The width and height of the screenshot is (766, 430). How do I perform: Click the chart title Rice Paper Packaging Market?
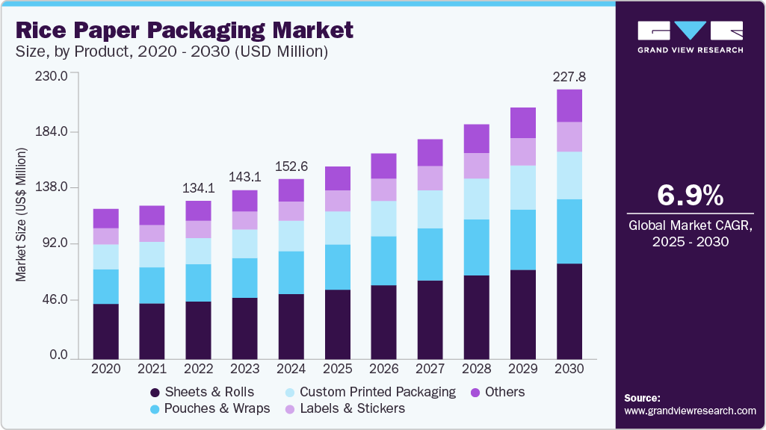tap(184, 31)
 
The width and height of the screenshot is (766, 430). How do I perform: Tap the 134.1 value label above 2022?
tap(198, 187)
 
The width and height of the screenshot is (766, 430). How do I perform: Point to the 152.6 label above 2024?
tap(291, 166)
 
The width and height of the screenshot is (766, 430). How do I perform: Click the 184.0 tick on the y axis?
tap(53, 132)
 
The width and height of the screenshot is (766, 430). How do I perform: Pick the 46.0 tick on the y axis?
tap(56, 300)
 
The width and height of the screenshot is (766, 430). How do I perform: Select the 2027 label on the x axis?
tap(430, 369)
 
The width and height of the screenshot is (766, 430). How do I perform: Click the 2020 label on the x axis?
tap(105, 369)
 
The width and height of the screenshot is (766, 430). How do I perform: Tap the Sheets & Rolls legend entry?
tap(202, 392)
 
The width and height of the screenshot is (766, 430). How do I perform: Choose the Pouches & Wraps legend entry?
tap(209, 408)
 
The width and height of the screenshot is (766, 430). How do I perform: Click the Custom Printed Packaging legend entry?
tap(369, 392)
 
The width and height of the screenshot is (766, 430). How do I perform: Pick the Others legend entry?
tap(496, 392)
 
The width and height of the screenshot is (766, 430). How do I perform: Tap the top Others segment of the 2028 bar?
tap(477, 139)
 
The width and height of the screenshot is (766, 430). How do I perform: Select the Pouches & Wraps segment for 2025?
tap(337, 267)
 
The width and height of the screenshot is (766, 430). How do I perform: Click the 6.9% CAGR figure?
tap(690, 196)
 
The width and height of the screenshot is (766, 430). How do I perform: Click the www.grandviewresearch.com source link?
tap(690, 411)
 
